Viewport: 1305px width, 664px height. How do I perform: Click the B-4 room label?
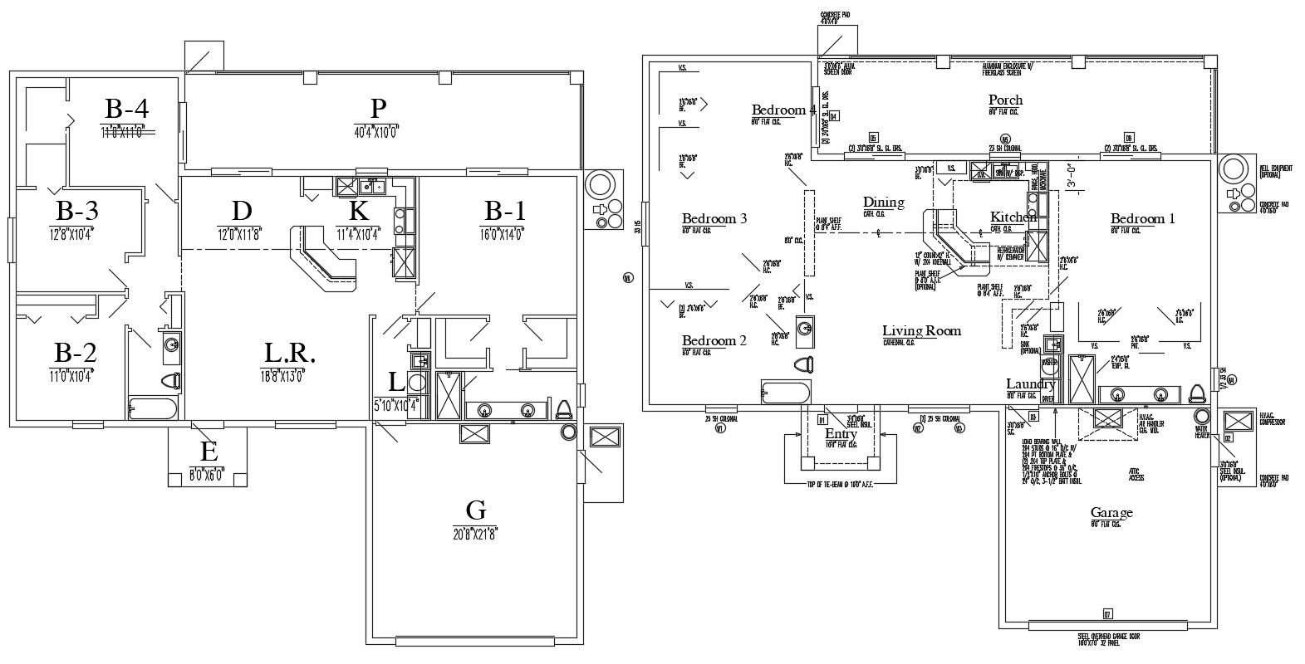pyautogui.click(x=126, y=109)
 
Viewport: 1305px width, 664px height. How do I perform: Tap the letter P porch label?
pyautogui.click(x=378, y=108)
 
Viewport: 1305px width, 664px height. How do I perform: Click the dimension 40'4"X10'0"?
pyautogui.click(x=378, y=130)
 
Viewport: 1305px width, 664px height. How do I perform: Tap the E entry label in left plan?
pyautogui.click(x=209, y=452)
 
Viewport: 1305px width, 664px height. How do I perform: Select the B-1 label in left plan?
pyautogui.click(x=504, y=211)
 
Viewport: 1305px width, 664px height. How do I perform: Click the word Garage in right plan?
pyautogui.click(x=1111, y=513)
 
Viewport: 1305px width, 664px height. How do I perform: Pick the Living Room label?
pyautogui.click(x=921, y=331)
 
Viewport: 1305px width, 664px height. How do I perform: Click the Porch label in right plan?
pyautogui.click(x=1005, y=100)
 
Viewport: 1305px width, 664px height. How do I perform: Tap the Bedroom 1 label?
pyautogui.click(x=1143, y=219)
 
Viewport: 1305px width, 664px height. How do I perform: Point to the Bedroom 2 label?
pyautogui.click(x=714, y=340)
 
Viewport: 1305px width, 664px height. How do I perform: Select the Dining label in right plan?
pyautogui.click(x=883, y=203)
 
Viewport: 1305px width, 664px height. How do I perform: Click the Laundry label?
pyautogui.click(x=1030, y=384)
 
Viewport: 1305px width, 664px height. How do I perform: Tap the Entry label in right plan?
pyautogui.click(x=841, y=434)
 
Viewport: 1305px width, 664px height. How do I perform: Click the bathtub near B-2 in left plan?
pyautogui.click(x=153, y=408)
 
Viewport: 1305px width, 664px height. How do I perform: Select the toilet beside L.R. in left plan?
pyautogui.click(x=172, y=382)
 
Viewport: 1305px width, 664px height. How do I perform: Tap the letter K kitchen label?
pyautogui.click(x=358, y=211)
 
